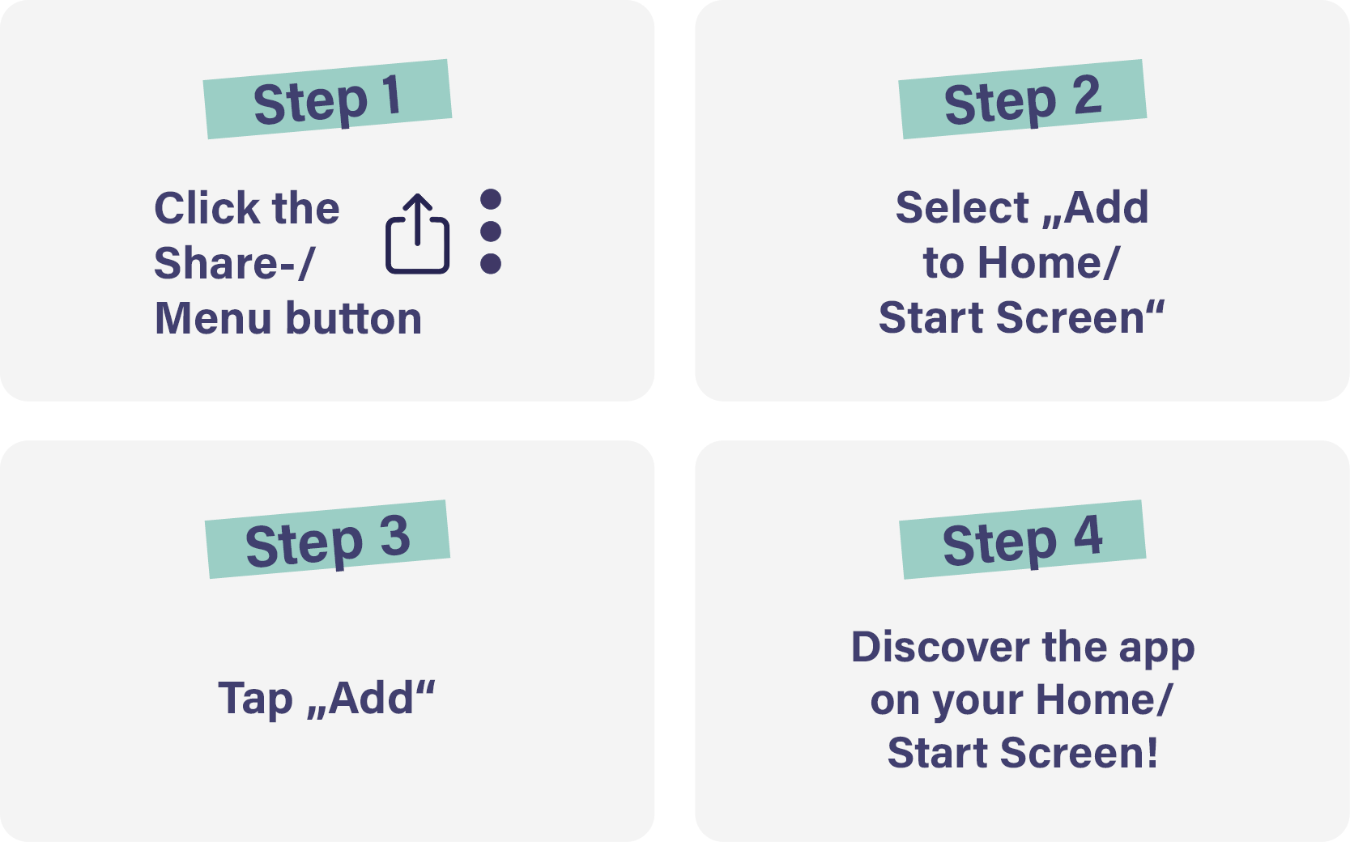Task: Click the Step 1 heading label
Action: pos(327,100)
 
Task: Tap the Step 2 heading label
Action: pos(1023,100)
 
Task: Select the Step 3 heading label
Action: pos(327,539)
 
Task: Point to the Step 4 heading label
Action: pos(1023,539)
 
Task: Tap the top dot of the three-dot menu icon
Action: pos(491,199)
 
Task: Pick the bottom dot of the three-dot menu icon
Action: pos(491,264)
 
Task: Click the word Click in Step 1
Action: pos(207,208)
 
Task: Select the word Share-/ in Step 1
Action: pos(234,263)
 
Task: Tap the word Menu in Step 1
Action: pos(213,318)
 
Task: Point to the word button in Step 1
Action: pos(353,318)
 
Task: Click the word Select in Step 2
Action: pos(962,207)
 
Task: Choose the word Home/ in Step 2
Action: pos(1048,263)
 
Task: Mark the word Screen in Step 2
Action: pos(1070,317)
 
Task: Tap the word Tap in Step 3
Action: pos(256,699)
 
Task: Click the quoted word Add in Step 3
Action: pos(371,698)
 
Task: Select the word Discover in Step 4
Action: pos(940,647)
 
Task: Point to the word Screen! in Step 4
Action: pos(1079,753)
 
